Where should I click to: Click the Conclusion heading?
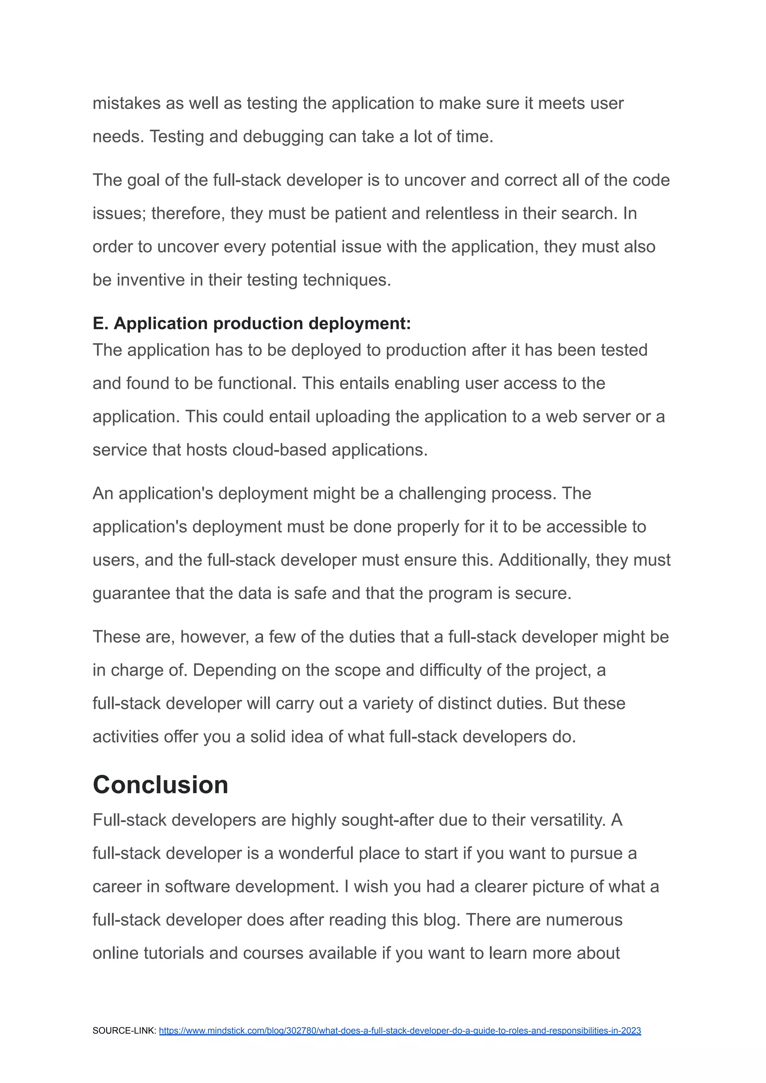click(160, 785)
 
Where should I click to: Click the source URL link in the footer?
click(399, 1031)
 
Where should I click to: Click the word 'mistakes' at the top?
click(126, 103)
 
